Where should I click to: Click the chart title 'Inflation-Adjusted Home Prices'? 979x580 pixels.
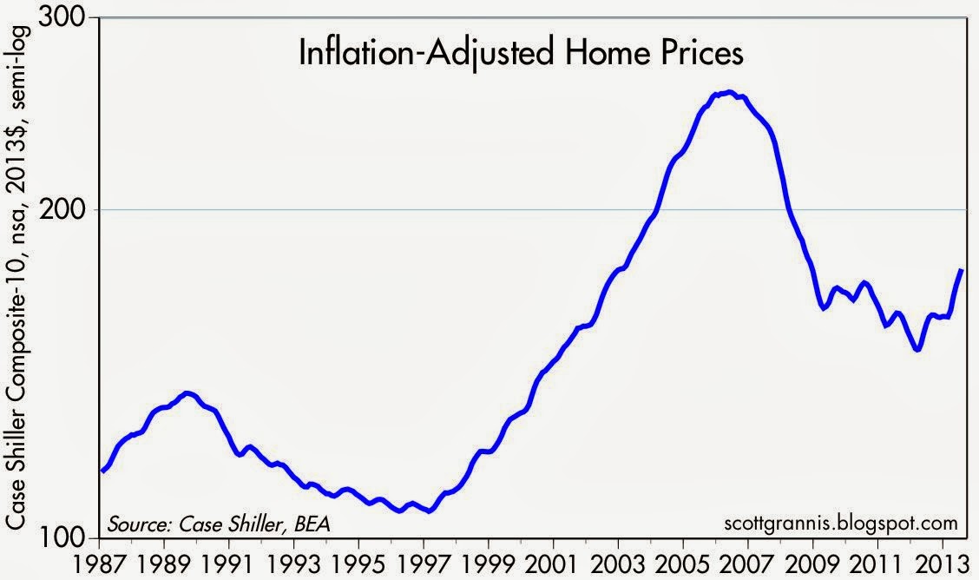[x=521, y=54]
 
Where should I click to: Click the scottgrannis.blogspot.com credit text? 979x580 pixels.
[x=839, y=524]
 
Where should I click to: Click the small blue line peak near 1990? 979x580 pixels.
[x=188, y=393]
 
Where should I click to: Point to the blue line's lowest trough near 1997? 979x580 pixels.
[x=428, y=511]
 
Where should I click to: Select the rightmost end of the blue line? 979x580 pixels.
[x=962, y=270]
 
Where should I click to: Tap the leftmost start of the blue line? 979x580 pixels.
[x=102, y=471]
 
